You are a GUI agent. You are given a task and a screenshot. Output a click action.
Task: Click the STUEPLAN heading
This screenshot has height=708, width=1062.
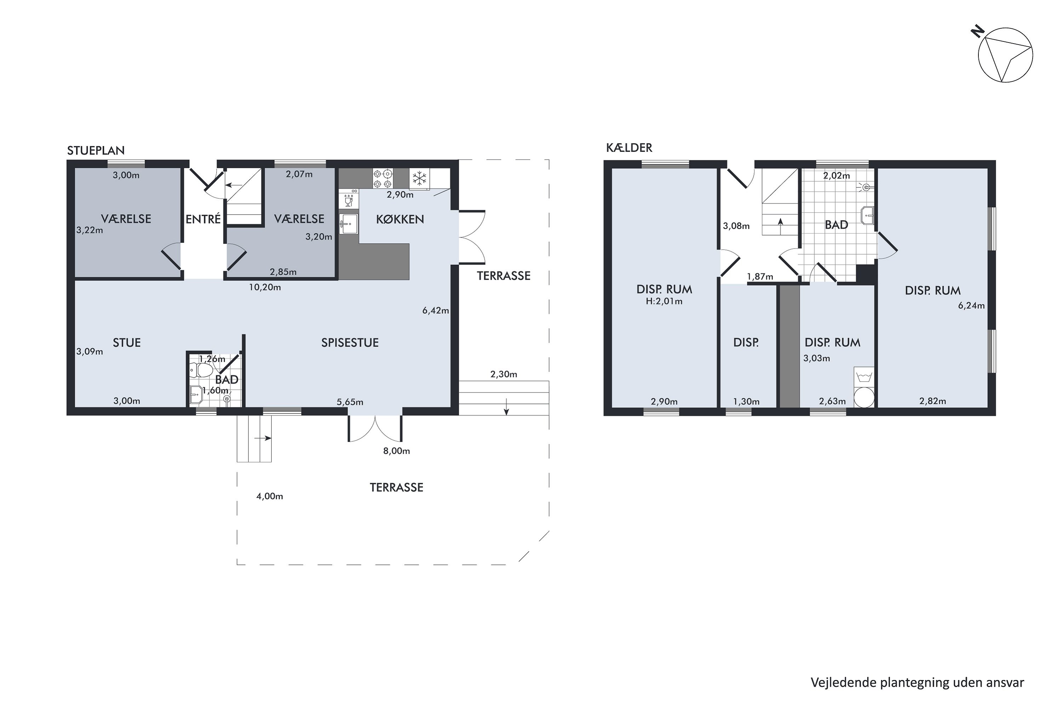point(96,150)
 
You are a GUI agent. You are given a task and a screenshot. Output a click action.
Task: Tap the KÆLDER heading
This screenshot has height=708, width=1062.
point(629,148)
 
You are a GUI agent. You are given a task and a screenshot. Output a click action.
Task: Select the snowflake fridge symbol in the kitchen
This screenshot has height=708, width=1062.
point(419,178)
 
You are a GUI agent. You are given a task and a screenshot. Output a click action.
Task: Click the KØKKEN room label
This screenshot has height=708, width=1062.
point(400,219)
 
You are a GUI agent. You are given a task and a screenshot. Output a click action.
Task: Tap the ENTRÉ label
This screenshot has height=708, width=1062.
point(203,219)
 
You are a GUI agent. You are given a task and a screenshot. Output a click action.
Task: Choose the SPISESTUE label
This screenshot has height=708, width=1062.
point(350,343)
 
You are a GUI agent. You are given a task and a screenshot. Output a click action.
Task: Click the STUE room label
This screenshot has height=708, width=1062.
point(127,343)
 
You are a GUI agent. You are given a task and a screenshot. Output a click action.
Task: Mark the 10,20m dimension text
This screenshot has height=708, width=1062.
point(265,287)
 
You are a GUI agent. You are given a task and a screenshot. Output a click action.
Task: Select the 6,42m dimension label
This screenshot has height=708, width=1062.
point(436,311)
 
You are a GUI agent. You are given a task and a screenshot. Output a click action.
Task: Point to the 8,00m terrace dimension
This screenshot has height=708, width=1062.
point(396,451)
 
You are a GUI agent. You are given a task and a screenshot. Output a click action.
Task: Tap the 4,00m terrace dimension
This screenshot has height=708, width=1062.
point(269,497)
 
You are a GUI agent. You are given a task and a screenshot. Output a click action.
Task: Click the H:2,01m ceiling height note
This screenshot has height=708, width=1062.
point(664,301)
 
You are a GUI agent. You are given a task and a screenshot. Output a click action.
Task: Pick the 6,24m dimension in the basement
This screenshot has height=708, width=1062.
point(971,306)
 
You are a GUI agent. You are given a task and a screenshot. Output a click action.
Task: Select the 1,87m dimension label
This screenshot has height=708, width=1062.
point(760,277)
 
